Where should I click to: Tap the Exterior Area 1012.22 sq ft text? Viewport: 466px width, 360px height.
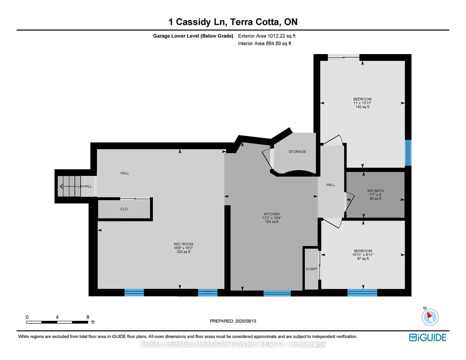(267, 36)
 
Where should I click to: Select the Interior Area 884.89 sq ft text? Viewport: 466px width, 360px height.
(265, 43)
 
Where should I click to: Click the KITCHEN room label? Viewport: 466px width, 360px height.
(272, 214)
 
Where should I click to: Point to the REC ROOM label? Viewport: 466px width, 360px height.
(183, 244)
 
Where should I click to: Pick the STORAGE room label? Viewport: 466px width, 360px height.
(297, 152)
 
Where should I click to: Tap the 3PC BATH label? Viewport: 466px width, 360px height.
(375, 191)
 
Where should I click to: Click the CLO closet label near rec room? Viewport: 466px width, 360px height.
(124, 209)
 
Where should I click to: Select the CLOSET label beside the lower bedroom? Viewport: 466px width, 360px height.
(311, 269)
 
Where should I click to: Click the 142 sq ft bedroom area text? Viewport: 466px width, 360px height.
(362, 107)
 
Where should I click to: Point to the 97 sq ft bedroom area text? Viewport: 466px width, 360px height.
(363, 259)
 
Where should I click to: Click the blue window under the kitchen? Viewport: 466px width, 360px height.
(277, 293)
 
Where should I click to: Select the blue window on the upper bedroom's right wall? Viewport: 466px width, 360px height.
(408, 153)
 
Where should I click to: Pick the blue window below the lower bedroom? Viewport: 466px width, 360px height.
(362, 293)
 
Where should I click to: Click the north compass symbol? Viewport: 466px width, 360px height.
(429, 317)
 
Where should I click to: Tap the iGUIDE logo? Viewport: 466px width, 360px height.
(428, 337)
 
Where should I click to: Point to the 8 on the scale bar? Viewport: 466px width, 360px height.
(88, 317)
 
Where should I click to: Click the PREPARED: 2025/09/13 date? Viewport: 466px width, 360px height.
(233, 321)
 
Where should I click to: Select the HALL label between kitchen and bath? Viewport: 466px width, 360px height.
(331, 185)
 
